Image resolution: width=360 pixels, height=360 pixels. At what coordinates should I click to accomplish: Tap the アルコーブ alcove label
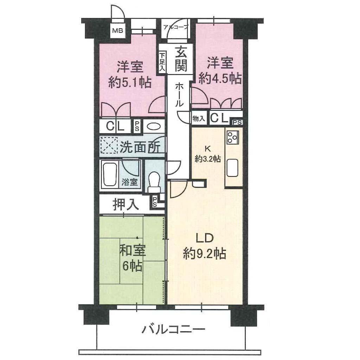176,27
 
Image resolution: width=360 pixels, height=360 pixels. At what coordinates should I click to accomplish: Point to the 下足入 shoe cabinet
162,62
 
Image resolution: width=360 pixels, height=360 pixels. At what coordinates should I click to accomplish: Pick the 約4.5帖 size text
220,79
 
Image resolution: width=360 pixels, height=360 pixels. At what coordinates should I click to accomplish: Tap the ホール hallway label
179,95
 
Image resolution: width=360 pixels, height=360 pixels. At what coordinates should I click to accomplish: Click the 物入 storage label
199,118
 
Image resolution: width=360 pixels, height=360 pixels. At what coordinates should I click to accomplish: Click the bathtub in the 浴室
109,175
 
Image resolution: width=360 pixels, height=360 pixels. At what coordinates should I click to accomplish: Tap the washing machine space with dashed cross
109,146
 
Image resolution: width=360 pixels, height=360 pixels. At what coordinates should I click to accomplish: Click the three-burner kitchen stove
232,137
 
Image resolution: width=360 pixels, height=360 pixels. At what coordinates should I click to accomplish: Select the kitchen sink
232,168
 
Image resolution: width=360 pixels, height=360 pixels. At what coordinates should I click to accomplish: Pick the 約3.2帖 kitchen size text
208,159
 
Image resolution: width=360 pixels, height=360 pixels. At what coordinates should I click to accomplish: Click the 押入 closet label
126,204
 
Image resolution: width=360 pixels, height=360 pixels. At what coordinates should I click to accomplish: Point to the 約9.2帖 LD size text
205,254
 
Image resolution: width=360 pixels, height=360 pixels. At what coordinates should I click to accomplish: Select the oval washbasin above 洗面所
154,126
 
